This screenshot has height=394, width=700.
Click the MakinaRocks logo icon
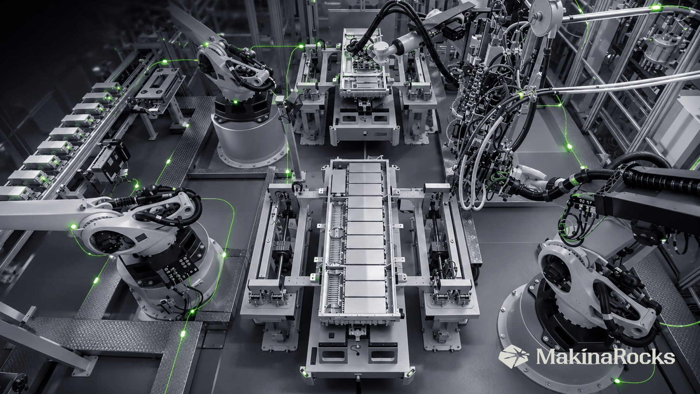click(x=514, y=356)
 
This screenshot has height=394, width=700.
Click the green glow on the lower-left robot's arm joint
click(x=73, y=227)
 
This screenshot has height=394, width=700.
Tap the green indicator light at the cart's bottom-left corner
click(x=303, y=372)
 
